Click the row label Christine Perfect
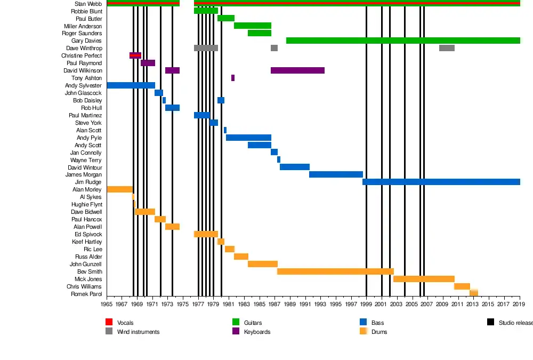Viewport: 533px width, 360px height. pyautogui.click(x=81, y=56)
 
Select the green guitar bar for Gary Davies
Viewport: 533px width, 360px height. pyautogui.click(x=402, y=41)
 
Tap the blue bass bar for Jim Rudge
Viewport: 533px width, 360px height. pyautogui.click(x=441, y=182)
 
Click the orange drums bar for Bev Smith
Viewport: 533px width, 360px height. pyautogui.click(x=335, y=271)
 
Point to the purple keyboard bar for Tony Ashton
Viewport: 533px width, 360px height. pyautogui.click(x=233, y=78)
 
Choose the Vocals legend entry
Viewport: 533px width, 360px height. pyautogui.click(x=125, y=323)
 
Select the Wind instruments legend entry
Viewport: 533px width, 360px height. pyautogui.click(x=138, y=332)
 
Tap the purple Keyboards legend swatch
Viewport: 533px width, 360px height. pyautogui.click(x=236, y=331)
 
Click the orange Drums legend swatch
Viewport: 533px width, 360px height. pyautogui.click(x=364, y=331)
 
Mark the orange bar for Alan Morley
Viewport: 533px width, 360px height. pyautogui.click(x=119, y=189)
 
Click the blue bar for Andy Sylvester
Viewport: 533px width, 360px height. pyautogui.click(x=131, y=85)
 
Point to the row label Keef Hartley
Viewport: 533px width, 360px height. pyautogui.click(x=86, y=242)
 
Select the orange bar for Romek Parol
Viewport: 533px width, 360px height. pyautogui.click(x=474, y=293)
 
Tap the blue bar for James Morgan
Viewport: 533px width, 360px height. pyautogui.click(x=336, y=174)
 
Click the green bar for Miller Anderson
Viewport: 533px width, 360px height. pyautogui.click(x=253, y=26)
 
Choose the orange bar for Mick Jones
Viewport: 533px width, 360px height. pyautogui.click(x=424, y=279)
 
